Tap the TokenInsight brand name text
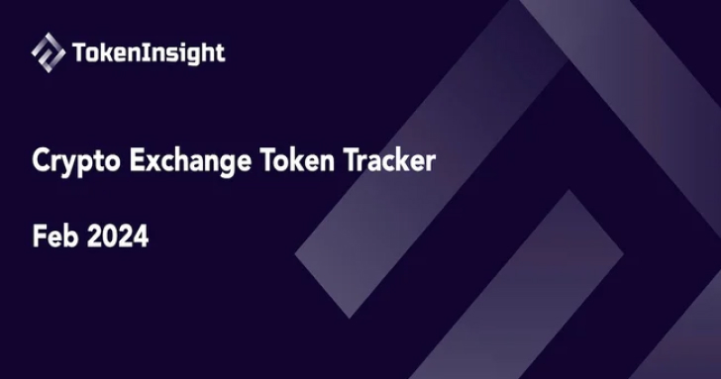(149, 52)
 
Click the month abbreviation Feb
(53, 237)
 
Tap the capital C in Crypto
(43, 161)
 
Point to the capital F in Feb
(39, 237)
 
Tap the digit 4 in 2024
(141, 237)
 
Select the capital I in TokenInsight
(154, 51)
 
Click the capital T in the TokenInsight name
(80, 51)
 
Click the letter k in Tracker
(402, 161)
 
